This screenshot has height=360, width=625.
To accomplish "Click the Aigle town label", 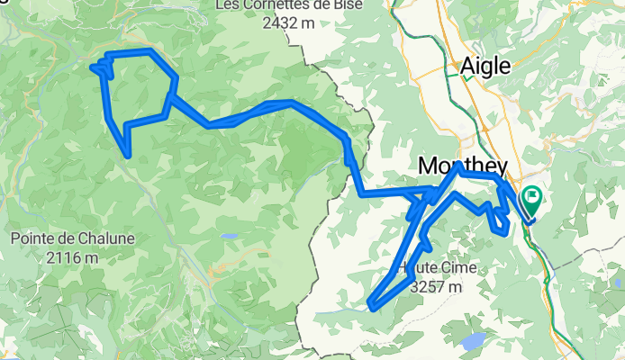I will coord(485,65).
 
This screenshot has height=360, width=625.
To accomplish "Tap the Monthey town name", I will coord(463,166).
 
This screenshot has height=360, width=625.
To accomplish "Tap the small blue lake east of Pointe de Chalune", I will coord(231,236).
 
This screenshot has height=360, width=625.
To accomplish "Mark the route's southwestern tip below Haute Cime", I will coord(372,307).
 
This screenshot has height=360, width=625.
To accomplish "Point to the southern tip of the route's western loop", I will coord(129,156).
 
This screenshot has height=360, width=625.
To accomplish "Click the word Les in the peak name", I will coord(227,6).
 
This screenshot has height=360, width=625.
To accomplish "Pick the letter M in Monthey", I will coord(429,166).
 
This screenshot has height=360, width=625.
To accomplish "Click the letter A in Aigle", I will coord(467,65).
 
